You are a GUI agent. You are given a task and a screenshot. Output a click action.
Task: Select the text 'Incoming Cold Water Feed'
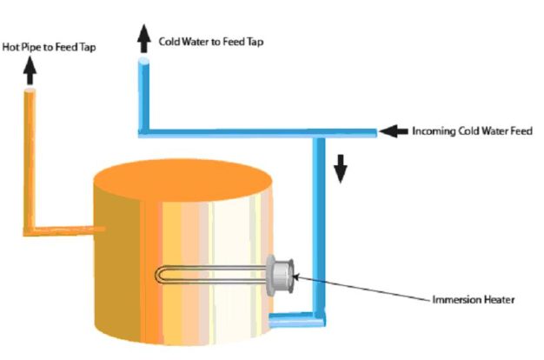472,131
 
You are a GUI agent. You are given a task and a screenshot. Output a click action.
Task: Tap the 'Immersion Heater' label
474,300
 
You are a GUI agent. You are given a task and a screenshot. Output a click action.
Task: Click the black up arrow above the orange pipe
30,73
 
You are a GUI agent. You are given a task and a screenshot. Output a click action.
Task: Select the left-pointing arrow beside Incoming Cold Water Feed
395,131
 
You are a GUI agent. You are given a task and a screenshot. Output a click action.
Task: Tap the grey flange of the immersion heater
282,274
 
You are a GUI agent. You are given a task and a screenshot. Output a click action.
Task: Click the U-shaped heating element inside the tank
209,275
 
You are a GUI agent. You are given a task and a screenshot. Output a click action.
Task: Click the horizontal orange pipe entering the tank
65,230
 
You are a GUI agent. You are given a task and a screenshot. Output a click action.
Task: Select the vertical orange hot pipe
30,157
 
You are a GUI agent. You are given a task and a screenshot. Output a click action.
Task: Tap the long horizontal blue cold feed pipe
261,133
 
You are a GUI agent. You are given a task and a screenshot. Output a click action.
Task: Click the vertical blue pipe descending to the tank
320,226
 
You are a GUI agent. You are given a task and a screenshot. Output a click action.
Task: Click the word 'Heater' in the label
498,300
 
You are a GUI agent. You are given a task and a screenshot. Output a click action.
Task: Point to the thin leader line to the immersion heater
365,289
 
